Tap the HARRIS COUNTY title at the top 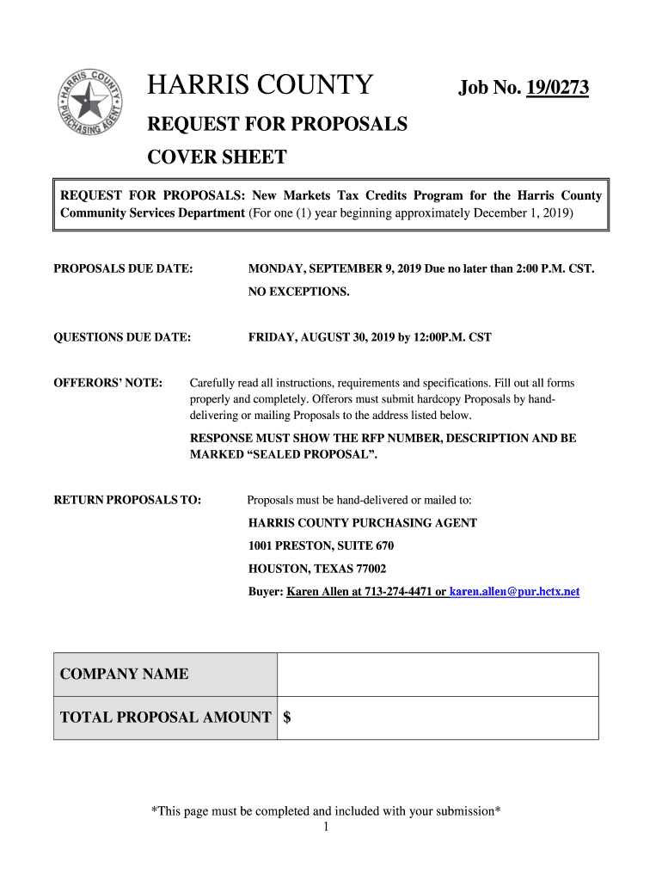pyautogui.click(x=261, y=86)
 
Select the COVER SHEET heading pyautogui.click(x=218, y=158)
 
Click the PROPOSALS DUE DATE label pyautogui.click(x=123, y=269)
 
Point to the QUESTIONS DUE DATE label pyautogui.click(x=122, y=337)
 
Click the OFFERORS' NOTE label pyautogui.click(x=108, y=383)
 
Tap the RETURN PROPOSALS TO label pyautogui.click(x=127, y=500)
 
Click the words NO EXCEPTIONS pyautogui.click(x=299, y=292)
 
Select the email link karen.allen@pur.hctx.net pyautogui.click(x=514, y=592)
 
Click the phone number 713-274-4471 pyautogui.click(x=399, y=592)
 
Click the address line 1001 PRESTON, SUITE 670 pyautogui.click(x=322, y=545)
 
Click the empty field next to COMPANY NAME pyautogui.click(x=438, y=674)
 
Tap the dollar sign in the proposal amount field pyautogui.click(x=287, y=718)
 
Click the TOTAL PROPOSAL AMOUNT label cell pyautogui.click(x=165, y=718)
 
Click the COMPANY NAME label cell pyautogui.click(x=165, y=674)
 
